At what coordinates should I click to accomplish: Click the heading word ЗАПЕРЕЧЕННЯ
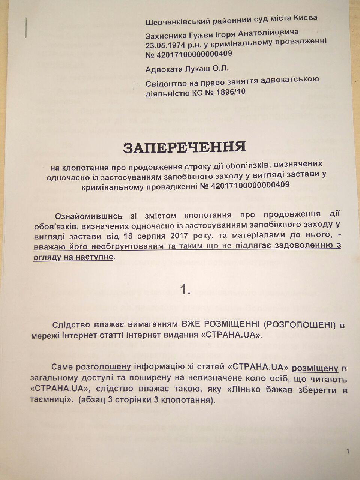185,147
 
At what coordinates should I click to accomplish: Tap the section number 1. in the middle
185,289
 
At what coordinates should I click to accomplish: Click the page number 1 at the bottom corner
348,451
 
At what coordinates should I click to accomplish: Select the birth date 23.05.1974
167,45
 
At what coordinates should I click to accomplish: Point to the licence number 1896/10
228,91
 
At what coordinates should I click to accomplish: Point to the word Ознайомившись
89,216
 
